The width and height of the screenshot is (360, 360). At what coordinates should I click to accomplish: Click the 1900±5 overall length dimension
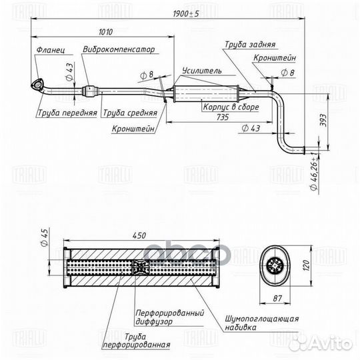[x=186, y=14]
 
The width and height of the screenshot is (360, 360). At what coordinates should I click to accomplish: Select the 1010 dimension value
[x=105, y=32]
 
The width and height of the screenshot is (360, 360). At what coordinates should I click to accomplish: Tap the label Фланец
[x=51, y=50]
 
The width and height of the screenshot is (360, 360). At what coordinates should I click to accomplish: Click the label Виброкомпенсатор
[x=119, y=49]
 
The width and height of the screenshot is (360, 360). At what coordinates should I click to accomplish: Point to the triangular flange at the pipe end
[x=37, y=85]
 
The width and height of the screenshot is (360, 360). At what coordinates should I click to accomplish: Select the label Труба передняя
[x=67, y=113]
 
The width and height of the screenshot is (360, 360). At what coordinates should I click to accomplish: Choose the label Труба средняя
[x=130, y=113]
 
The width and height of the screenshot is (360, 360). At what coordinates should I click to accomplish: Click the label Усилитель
[x=202, y=71]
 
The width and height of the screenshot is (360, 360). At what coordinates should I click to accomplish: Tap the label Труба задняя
[x=250, y=44]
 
